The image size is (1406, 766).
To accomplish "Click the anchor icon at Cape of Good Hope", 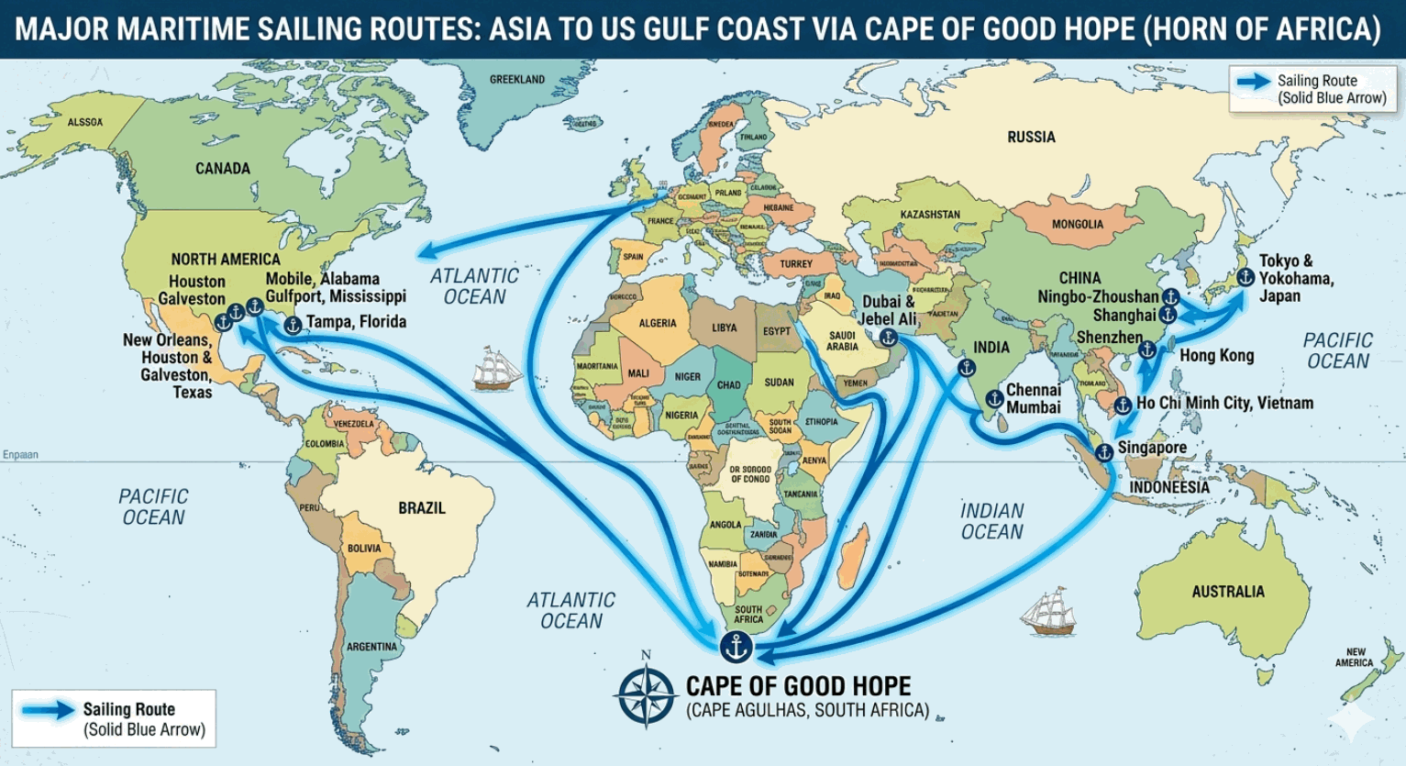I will pos(736,647).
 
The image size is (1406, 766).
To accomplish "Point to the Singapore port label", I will pos(1152,448).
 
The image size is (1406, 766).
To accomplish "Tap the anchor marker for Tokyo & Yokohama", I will pos(1245,276).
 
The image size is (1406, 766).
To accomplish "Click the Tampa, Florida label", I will pos(356,322).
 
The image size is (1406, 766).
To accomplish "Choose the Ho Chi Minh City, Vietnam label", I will pos(1224,403).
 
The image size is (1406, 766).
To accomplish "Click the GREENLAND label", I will pos(517,80).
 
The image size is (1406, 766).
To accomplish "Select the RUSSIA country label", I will pos(1031,137).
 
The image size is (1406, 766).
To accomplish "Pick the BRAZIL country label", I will pos(421,507).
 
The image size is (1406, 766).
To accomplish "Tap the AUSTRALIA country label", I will pos(1227,592).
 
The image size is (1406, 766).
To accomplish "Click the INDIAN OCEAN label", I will pos(991,521).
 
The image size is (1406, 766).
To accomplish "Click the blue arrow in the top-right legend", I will pos(1253,82).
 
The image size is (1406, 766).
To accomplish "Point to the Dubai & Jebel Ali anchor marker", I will pos(888,338).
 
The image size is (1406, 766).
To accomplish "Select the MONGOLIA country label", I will pos(1078,224).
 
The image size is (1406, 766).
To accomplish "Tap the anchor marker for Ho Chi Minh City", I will pos(1123,405).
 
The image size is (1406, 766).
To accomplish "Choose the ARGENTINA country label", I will pos(371,647).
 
